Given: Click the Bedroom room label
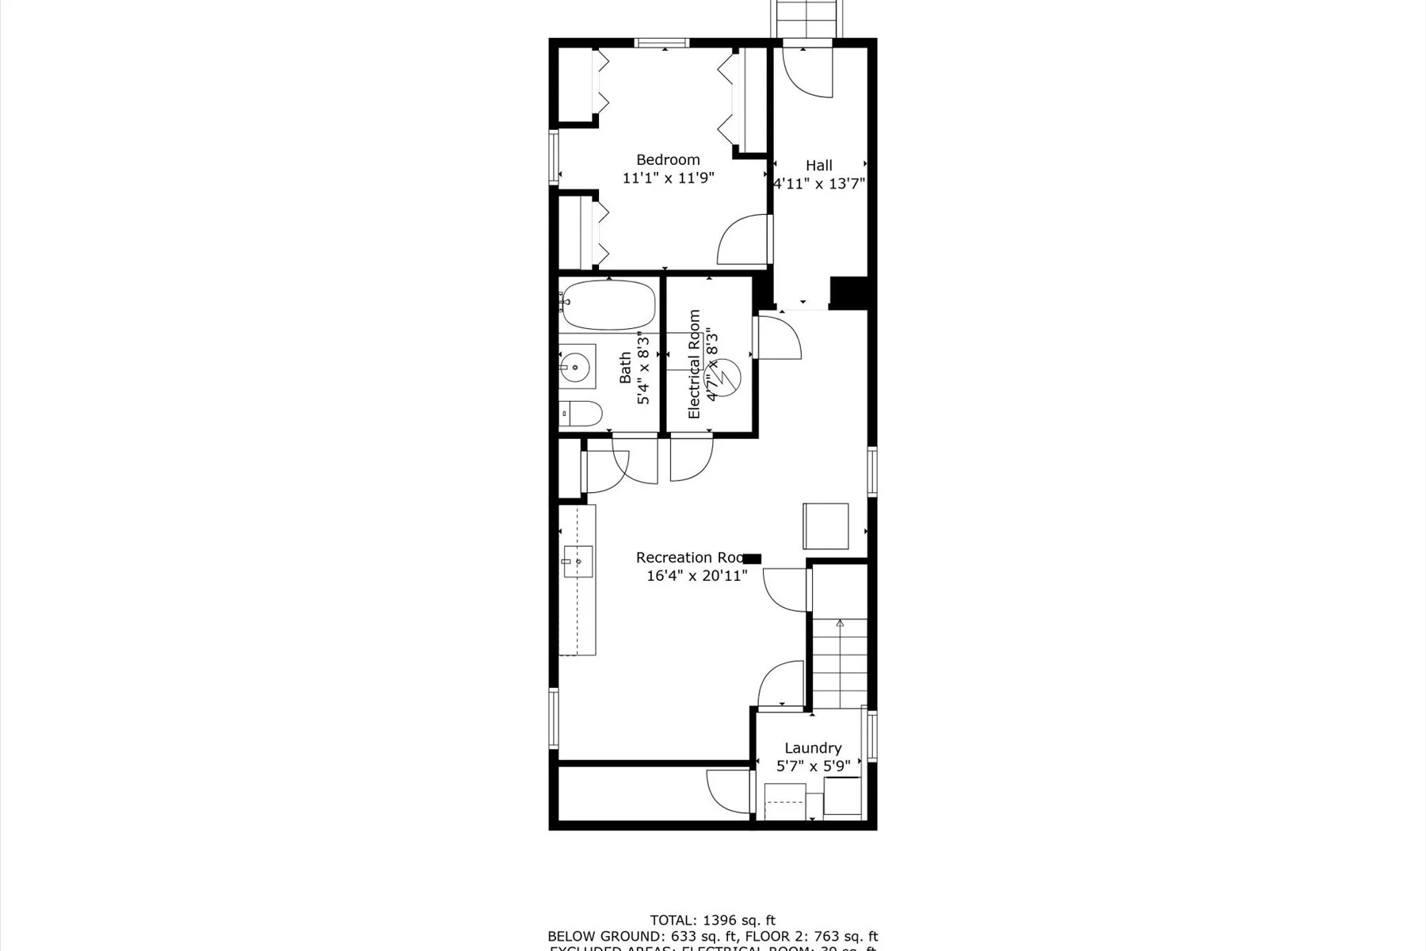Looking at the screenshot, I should tap(668, 160).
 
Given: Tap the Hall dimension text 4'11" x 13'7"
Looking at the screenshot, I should tap(819, 184).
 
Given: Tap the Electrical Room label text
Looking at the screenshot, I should tap(695, 364).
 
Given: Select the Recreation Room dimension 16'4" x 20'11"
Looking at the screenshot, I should tap(696, 576).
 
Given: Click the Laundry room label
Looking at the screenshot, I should tap(813, 748).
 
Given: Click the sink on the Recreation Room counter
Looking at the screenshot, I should tap(577, 561).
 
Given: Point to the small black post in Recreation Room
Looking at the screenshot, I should tap(751, 559).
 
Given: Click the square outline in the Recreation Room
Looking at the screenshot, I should tap(825, 526).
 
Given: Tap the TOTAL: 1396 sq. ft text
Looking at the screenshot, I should tap(712, 920).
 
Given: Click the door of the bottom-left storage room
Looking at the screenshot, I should tap(727, 789).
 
